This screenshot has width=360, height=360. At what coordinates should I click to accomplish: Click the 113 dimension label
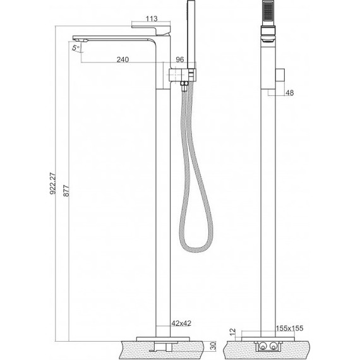click(152, 18)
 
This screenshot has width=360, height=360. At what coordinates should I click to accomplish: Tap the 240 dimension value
click(123, 59)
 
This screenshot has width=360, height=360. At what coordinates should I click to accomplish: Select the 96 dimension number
click(180, 59)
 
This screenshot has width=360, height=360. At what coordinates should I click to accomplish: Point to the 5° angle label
click(76, 48)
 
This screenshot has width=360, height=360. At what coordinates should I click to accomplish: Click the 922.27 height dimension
click(52, 183)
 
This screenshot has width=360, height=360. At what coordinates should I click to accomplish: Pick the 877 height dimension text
click(66, 190)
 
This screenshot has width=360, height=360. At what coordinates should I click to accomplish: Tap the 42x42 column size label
click(181, 323)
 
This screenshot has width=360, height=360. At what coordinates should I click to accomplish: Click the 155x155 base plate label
click(289, 328)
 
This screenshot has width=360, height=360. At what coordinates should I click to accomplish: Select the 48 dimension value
click(289, 93)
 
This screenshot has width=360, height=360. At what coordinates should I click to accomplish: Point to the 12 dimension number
click(232, 332)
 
